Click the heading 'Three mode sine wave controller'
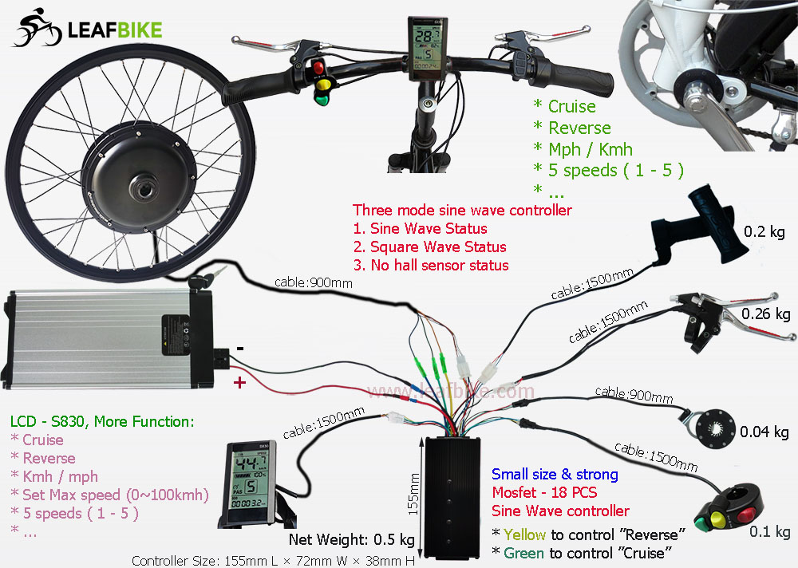462,211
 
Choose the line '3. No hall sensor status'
431,265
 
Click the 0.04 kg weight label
764,432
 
